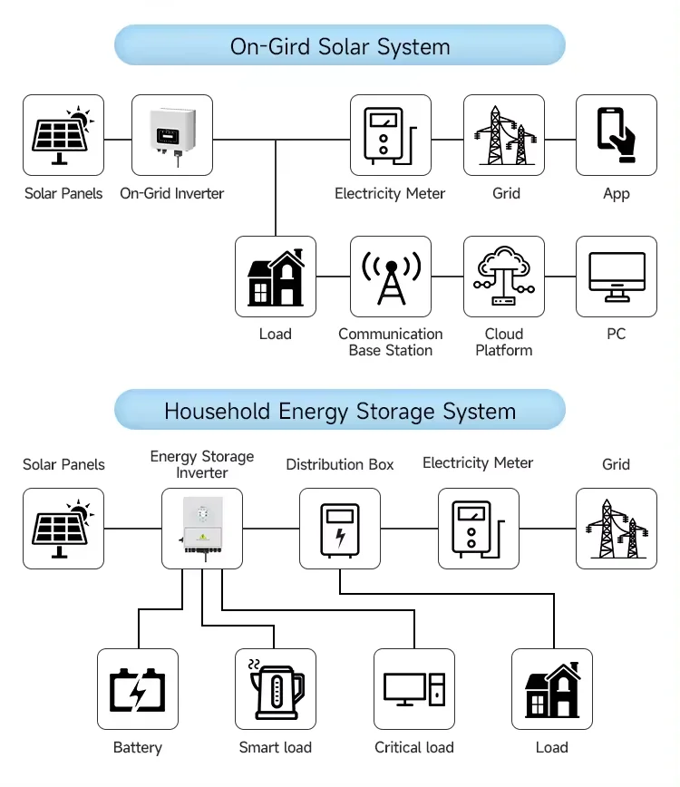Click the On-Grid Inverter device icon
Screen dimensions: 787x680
pyautogui.click(x=172, y=135)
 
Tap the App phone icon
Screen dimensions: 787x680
pyautogui.click(x=617, y=135)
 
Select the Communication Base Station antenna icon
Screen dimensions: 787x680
pyautogui.click(x=391, y=277)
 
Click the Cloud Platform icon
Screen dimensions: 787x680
pyautogui.click(x=504, y=277)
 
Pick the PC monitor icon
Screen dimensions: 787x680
pyautogui.click(x=617, y=277)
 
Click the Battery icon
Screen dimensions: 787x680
pyautogui.click(x=138, y=690)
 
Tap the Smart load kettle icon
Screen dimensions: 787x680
pyautogui.click(x=276, y=690)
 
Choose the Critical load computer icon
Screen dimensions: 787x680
pyautogui.click(x=414, y=690)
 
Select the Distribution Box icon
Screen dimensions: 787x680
pyautogui.click(x=340, y=530)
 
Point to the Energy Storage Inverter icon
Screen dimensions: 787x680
pyautogui.click(x=202, y=530)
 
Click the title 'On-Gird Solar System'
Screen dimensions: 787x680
pyautogui.click(x=340, y=46)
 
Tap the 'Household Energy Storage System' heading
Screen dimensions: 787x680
pyautogui.click(x=340, y=411)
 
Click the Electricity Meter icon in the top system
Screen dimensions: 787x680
pyautogui.click(x=391, y=135)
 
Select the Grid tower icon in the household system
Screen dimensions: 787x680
pyautogui.click(x=617, y=530)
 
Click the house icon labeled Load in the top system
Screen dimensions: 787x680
pyautogui.click(x=276, y=277)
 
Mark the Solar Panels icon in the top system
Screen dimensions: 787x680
pyautogui.click(x=63, y=135)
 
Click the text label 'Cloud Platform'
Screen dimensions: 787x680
pyautogui.click(x=504, y=342)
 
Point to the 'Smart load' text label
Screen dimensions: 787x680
pyautogui.click(x=276, y=748)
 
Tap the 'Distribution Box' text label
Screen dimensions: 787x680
pyautogui.click(x=340, y=464)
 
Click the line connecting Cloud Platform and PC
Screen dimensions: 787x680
pyautogui.click(x=560, y=277)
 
